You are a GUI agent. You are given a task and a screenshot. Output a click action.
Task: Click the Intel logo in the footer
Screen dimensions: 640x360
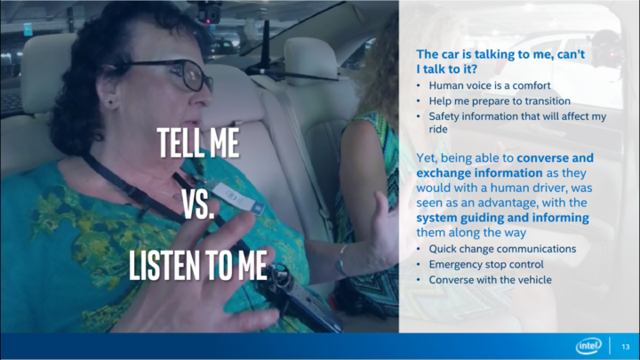tap(588, 346)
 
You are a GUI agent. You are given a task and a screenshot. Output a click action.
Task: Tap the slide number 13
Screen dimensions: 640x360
tap(625, 347)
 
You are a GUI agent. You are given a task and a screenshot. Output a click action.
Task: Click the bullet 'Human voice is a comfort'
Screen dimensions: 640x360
tap(490, 85)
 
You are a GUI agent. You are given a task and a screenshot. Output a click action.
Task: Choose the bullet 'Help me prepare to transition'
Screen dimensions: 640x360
tap(500, 100)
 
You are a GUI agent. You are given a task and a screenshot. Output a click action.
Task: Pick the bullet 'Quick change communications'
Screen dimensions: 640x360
tap(502, 249)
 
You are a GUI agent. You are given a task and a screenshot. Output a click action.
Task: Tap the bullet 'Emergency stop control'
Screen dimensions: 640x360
tap(486, 265)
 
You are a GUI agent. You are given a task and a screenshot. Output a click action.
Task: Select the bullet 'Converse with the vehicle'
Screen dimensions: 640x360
tap(490, 280)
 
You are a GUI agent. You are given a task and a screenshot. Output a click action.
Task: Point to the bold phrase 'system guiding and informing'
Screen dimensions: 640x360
tap(502, 218)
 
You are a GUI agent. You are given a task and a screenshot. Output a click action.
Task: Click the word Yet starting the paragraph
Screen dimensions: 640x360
tap(426, 158)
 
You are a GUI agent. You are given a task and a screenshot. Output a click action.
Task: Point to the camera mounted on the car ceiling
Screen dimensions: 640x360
tap(209, 12)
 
